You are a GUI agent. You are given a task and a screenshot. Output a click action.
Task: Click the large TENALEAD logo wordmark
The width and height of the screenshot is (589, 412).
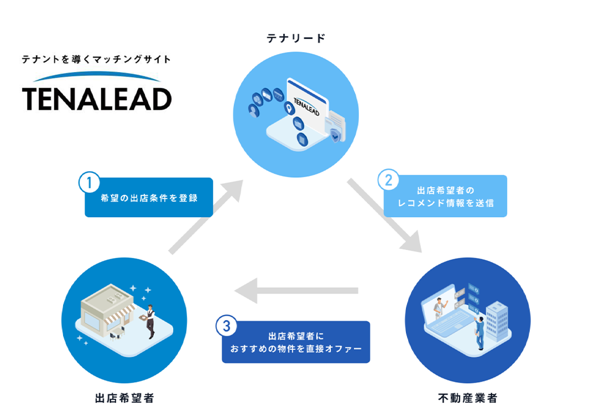pyautogui.click(x=97, y=98)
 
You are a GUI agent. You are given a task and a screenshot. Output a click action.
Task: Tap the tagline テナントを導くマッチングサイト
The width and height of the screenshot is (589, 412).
pyautogui.click(x=96, y=59)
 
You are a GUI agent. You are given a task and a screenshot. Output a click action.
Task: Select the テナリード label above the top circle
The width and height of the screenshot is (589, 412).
pyautogui.click(x=296, y=38)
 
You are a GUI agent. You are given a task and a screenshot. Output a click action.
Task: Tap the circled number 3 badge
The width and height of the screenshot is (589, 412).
pyautogui.click(x=226, y=326)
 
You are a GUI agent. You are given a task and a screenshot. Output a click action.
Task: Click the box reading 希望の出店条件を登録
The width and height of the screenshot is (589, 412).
pyautogui.click(x=149, y=198)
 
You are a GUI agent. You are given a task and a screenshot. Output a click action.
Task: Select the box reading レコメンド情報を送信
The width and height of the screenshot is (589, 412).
pyautogui.click(x=446, y=197)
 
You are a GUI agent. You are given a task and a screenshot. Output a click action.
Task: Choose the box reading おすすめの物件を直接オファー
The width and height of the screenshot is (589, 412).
pyautogui.click(x=296, y=343)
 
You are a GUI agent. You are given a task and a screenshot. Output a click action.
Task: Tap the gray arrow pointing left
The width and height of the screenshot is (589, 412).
pyautogui.click(x=296, y=291)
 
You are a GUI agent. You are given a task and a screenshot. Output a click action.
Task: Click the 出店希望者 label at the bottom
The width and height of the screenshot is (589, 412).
pyautogui.click(x=124, y=398)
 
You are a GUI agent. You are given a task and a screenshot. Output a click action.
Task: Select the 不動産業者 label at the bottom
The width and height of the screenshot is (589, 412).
pyautogui.click(x=467, y=398)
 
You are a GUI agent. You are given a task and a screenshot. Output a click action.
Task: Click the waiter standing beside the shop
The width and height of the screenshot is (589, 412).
pyautogui.click(x=149, y=321)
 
